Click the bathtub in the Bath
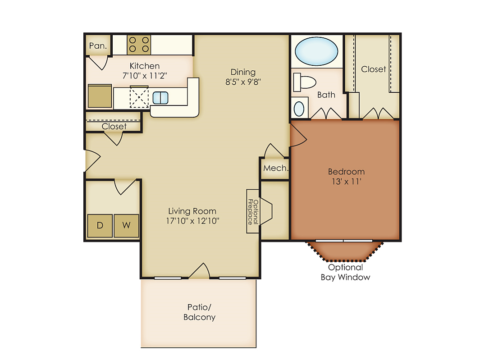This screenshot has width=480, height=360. point(316,51)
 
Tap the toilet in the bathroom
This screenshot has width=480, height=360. point(304,82)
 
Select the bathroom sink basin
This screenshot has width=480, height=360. point(299,109)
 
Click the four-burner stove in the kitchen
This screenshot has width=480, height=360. point(139,45)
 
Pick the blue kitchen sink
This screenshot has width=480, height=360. point(160,98)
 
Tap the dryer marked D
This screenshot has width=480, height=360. point(100,226)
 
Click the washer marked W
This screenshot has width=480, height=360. point(126,226)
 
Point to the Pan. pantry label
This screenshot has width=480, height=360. point(98,46)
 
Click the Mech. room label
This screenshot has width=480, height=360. point(276,168)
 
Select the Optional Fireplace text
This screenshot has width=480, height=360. point(253,211)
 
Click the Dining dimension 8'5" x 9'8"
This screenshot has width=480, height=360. point(243,82)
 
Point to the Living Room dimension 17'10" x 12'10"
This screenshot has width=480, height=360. point(192,221)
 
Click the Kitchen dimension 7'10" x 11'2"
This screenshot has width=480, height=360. point(145,76)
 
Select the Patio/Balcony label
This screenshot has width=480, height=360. point(199,312)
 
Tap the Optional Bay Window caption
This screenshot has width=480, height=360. point(345,272)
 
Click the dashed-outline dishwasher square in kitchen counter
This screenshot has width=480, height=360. point(139,97)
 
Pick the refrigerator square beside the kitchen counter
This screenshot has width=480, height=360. point(100,96)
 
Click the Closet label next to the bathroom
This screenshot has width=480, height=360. point(374,69)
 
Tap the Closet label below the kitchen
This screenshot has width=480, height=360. point(114,127)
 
